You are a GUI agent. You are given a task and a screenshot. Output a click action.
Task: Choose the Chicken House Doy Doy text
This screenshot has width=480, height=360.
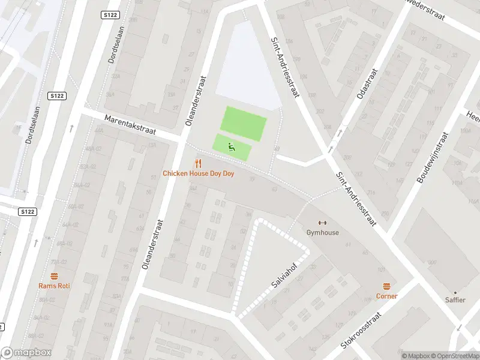(198, 173)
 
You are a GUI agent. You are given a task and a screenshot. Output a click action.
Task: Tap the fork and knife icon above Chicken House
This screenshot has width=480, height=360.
(197, 163)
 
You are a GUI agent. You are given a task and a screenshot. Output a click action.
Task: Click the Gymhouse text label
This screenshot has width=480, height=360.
(322, 233)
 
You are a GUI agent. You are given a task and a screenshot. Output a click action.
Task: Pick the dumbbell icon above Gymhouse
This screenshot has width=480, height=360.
(322, 223)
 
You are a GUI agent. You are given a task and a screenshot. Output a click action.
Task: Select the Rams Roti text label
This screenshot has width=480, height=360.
(54, 286)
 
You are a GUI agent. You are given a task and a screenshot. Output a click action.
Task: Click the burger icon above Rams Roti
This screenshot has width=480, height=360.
(54, 275)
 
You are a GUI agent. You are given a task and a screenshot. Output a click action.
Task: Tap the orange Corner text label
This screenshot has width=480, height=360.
(386, 296)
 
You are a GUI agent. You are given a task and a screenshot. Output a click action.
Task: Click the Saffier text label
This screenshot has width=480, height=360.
(455, 300)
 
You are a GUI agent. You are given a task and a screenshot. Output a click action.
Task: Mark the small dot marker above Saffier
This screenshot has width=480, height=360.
(455, 292)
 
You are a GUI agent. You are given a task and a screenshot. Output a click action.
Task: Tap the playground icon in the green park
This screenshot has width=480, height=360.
(231, 146)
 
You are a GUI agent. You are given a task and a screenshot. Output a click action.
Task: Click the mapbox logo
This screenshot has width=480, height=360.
(26, 353)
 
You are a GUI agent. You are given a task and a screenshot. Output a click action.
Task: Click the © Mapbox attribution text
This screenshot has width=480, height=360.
(415, 356)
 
